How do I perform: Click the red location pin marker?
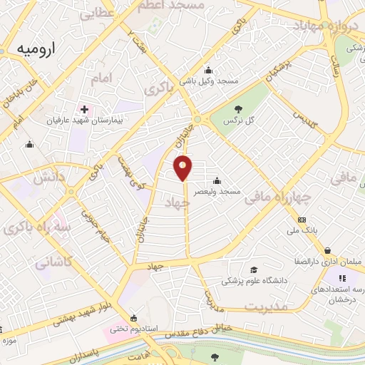coord(183,168)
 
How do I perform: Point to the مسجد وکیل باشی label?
coord(207,81)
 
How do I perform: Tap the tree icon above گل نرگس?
coord(237,109)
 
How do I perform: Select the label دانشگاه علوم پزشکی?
coord(255,281)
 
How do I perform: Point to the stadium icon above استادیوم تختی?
coord(133,317)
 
